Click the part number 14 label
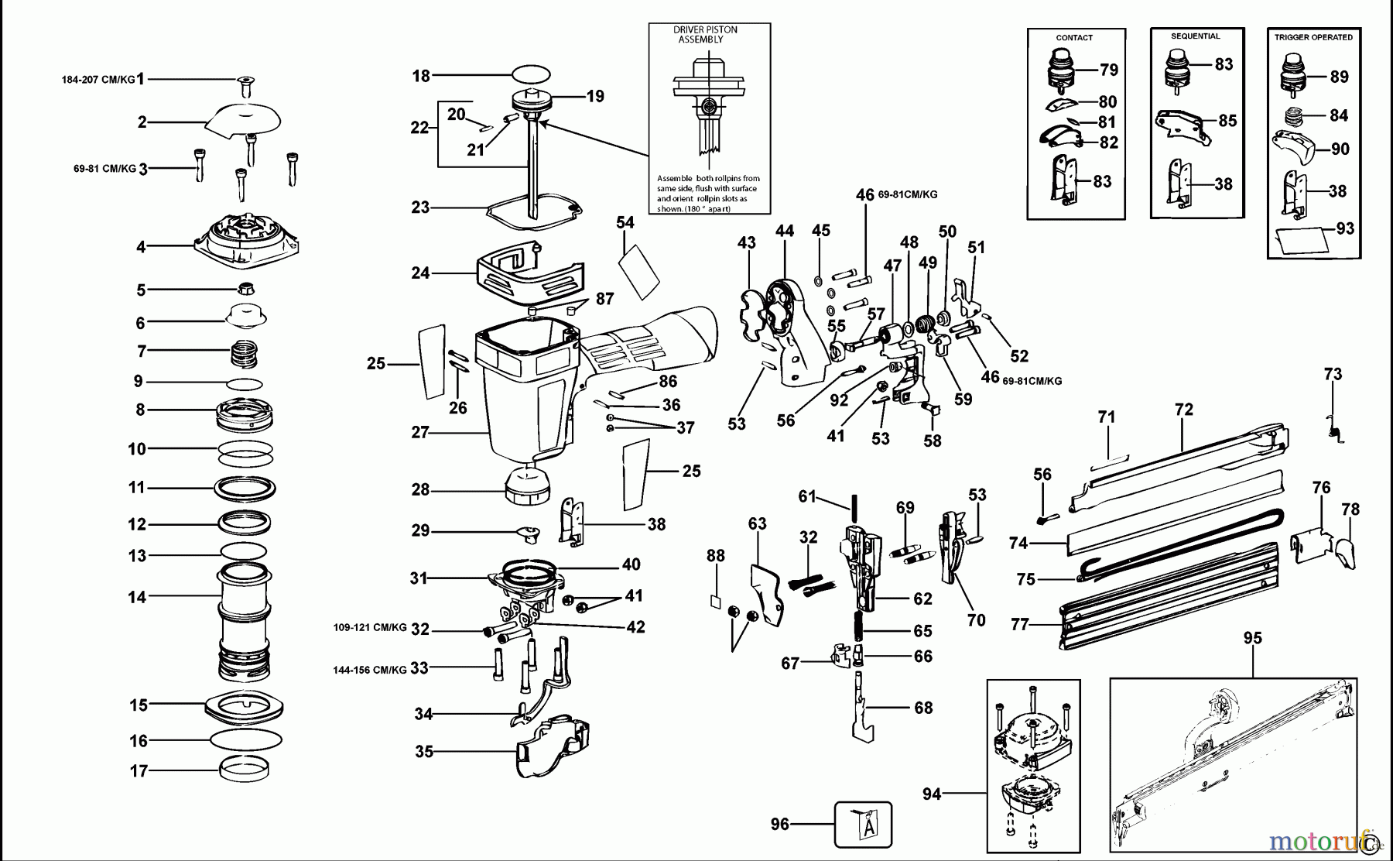click(137, 597)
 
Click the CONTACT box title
click(1074, 37)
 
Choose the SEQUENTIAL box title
click(1195, 36)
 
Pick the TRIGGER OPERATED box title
click(1313, 37)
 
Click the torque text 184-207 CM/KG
click(98, 79)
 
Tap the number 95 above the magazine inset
click(1252, 638)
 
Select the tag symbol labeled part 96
click(864, 825)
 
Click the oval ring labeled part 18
click(531, 74)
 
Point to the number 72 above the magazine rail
click(1184, 410)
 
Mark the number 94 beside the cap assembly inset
click(932, 794)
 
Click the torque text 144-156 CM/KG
click(369, 670)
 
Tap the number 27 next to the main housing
click(419, 432)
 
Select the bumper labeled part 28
click(528, 486)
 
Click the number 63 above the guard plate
click(757, 524)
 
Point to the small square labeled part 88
click(716, 601)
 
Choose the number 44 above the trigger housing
click(785, 231)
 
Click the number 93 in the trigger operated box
click(1345, 228)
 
